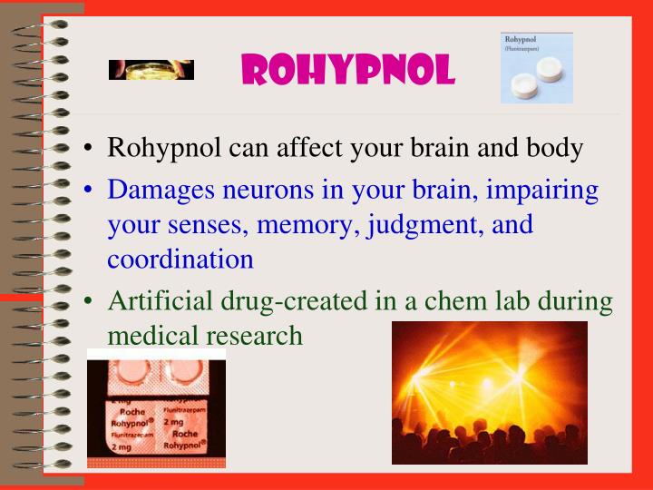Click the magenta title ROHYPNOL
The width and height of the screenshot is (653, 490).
(348, 69)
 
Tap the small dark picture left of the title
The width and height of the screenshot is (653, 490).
(151, 70)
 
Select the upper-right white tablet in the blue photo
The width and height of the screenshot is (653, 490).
(552, 70)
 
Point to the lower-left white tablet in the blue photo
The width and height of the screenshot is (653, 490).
(525, 86)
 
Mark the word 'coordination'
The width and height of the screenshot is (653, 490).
(180, 260)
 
